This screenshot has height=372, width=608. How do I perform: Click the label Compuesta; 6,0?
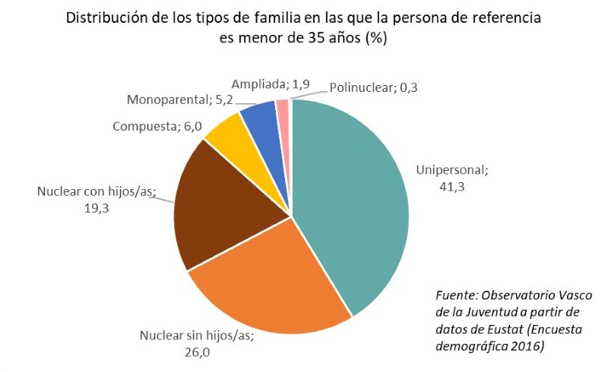click(157, 126)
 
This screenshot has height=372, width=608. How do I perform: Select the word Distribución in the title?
click(106, 18)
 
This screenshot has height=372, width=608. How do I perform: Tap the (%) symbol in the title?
click(376, 39)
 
